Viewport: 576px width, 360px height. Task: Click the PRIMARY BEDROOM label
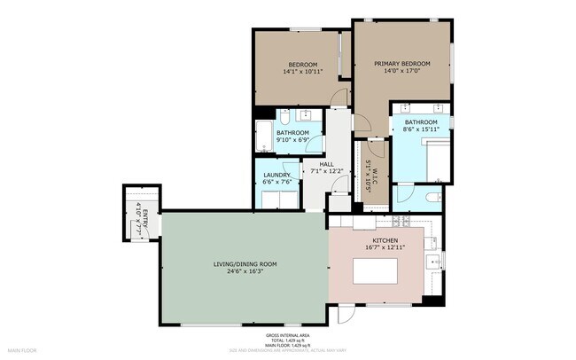tap(401, 64)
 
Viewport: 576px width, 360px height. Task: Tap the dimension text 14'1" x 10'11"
tap(303, 72)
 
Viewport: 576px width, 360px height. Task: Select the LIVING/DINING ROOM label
tap(245, 264)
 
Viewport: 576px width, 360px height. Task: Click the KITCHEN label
tap(385, 240)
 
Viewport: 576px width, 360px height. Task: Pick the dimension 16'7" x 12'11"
tap(385, 248)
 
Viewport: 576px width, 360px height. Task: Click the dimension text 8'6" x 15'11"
tap(421, 129)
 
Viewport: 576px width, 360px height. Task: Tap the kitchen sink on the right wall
tap(432, 261)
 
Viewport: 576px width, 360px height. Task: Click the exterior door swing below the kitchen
tap(346, 313)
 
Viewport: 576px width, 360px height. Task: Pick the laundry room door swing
tap(291, 169)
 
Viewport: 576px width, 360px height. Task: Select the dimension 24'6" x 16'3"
tap(245, 271)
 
